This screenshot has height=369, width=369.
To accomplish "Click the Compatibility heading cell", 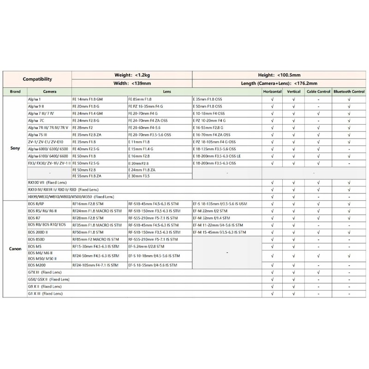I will coord(37,79).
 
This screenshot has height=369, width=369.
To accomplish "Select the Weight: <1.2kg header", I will coord(132,75).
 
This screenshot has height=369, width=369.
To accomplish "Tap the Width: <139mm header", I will coord(132,83).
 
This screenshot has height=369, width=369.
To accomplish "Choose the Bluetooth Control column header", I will coord(349,92).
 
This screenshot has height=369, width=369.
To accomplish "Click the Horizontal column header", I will coord(272,92).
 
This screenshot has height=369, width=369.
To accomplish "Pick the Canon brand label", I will coord(15,249).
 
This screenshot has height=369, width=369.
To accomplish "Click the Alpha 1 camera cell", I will coord(35,100).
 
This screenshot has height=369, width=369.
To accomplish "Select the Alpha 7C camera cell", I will coord(36,119).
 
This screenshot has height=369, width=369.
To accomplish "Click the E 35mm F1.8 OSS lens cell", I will coord(208,100).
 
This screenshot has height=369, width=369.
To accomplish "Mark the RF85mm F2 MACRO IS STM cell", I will coord(95,239).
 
